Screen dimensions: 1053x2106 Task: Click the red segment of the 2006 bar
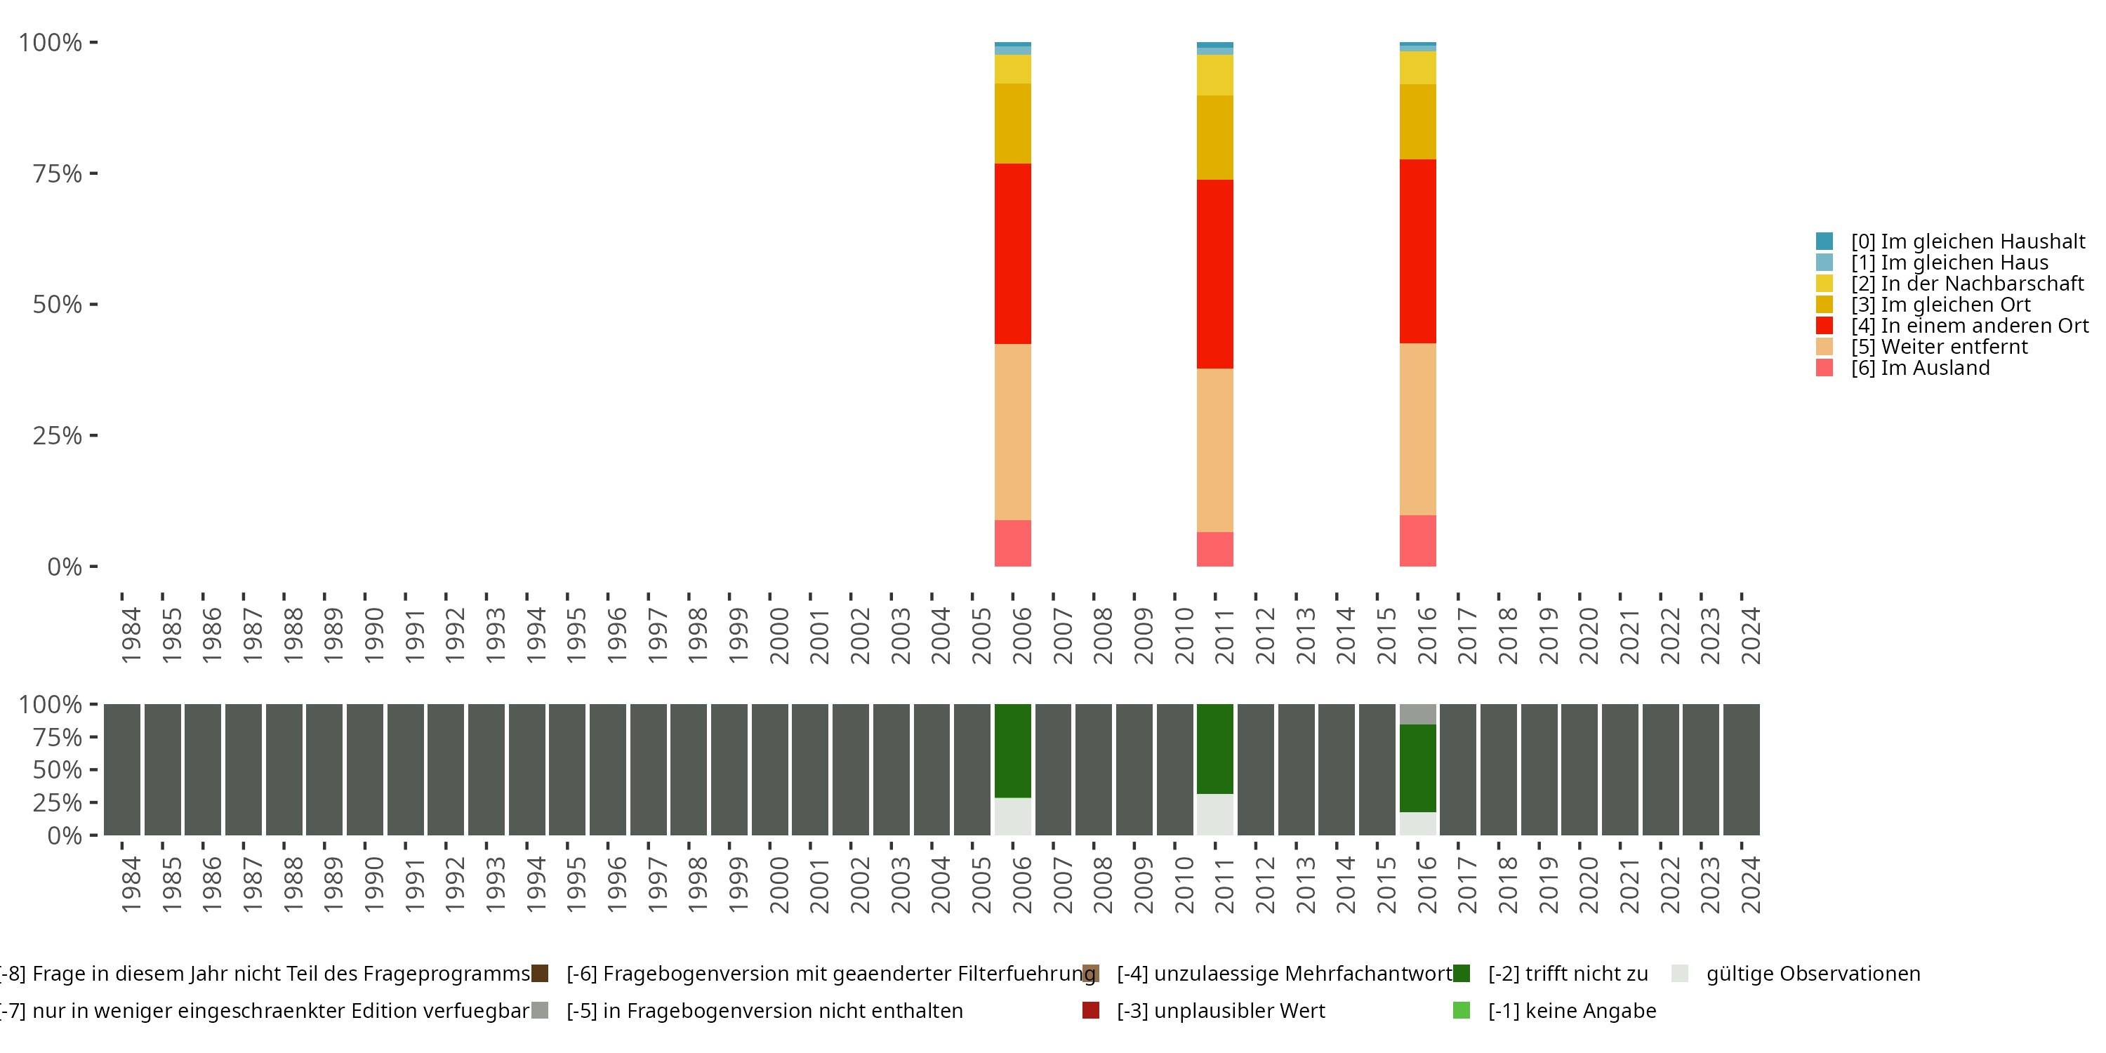[1012, 253]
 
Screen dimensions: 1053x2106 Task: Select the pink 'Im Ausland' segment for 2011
[1215, 550]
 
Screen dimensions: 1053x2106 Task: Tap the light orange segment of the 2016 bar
[1417, 429]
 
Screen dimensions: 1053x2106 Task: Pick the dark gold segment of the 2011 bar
[1215, 138]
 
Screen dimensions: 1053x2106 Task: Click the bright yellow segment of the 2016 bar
[1417, 68]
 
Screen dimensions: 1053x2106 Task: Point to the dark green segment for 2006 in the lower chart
[1012, 750]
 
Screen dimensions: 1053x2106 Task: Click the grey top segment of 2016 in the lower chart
[1417, 714]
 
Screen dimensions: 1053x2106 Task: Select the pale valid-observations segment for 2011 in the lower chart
[1215, 814]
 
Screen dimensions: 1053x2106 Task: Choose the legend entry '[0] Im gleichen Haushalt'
[1968, 241]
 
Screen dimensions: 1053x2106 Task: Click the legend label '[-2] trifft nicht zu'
[1568, 974]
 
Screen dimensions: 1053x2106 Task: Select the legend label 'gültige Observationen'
[1813, 974]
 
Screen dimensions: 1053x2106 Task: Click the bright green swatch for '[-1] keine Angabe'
[1462, 1010]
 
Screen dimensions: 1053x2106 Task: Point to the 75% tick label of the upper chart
[58, 173]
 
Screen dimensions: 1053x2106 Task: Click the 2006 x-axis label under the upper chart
[1022, 635]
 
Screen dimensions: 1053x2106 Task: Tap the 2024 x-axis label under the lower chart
[1750, 885]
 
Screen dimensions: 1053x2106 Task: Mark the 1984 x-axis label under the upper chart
[131, 635]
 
